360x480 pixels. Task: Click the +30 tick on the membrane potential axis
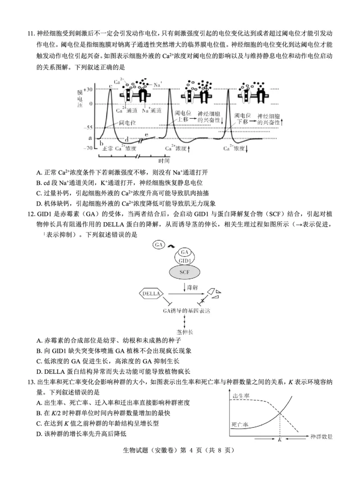89,90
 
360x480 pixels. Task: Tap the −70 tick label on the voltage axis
88,148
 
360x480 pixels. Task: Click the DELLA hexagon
151,294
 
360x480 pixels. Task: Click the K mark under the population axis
279,440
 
